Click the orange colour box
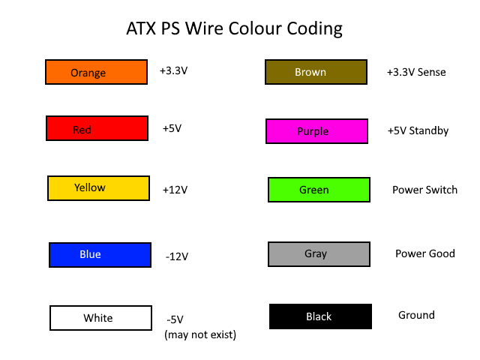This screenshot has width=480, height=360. point(97,72)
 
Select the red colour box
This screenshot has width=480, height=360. point(97,128)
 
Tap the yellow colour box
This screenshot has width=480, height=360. point(98,188)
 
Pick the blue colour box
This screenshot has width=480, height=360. point(100,255)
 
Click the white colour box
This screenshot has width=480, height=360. point(100,318)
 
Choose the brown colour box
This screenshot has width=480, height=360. point(316,72)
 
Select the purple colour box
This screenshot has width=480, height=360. point(316,131)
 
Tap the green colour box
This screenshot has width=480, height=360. point(319,190)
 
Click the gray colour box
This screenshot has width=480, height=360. point(319,254)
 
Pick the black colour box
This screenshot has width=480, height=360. point(320,316)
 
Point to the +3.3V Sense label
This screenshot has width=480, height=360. point(416,72)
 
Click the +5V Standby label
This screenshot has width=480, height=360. point(418,131)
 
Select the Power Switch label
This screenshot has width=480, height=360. point(425,190)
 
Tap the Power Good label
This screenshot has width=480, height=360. point(425,253)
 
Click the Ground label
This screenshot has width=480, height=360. point(417,315)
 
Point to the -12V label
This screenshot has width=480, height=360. point(177,256)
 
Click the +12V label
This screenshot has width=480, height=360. point(175,190)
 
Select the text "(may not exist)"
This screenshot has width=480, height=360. point(200,335)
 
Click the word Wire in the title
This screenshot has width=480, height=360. point(204,28)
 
